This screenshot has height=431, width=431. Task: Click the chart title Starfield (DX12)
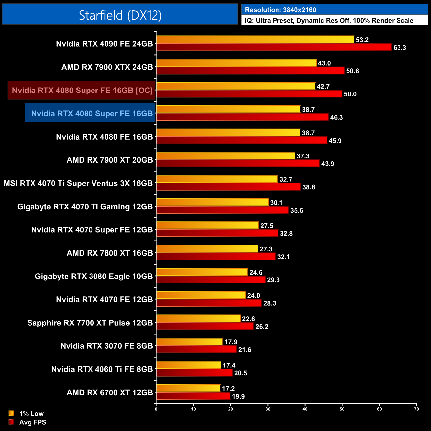coord(120,15)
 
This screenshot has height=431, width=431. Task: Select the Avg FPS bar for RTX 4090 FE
coord(274,47)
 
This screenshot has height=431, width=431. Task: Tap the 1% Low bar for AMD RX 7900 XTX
coord(236,63)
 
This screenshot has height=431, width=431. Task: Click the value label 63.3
coord(400,48)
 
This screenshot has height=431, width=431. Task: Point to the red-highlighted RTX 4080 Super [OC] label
coord(82,90)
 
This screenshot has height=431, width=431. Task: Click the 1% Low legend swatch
coord(11,413)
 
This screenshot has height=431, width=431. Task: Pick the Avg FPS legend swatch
coord(11,422)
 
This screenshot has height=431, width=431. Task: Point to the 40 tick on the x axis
coord(305,409)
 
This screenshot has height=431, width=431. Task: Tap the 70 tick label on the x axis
coord(416,409)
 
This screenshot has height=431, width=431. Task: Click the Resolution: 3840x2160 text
coord(280,10)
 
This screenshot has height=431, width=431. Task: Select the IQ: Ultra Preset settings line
coord(329,21)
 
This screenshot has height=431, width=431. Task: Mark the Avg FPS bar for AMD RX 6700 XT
coord(193,396)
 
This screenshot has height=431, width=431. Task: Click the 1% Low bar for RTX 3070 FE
coord(190,342)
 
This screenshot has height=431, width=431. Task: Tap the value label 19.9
coord(238,397)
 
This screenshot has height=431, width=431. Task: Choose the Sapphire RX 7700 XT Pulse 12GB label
coord(90,323)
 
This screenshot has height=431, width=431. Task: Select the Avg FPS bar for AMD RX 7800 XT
coord(216,257)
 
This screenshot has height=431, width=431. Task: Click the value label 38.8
coord(308,187)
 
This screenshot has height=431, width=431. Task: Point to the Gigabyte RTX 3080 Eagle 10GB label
coord(94,276)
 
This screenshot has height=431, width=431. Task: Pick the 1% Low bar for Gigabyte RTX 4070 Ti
coord(212,202)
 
